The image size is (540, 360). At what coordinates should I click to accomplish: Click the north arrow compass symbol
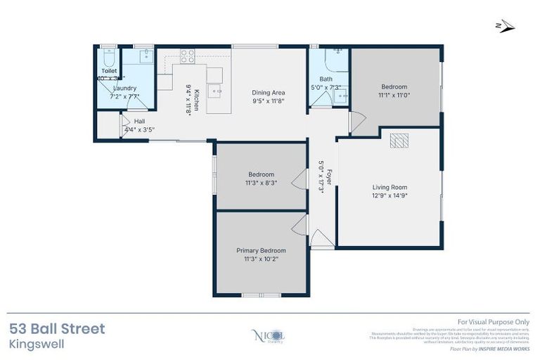[505, 27]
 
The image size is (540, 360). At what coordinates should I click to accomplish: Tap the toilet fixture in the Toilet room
[108, 56]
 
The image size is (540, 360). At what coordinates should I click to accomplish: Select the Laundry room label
[124, 88]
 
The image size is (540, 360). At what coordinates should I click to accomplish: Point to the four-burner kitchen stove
[187, 56]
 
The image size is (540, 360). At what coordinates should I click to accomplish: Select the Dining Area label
[268, 92]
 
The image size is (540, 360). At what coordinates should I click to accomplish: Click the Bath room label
[326, 79]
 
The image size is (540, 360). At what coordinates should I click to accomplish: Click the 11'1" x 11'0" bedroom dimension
[394, 95]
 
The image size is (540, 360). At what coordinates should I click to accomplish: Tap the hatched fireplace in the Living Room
[399, 141]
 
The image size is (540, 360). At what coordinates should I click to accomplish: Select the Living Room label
[390, 187]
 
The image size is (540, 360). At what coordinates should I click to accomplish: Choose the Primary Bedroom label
[261, 250]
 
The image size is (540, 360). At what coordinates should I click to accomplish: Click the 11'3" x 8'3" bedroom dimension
[261, 182]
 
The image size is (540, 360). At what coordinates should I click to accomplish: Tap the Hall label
[139, 121]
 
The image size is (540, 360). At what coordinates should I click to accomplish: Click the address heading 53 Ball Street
[57, 328]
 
